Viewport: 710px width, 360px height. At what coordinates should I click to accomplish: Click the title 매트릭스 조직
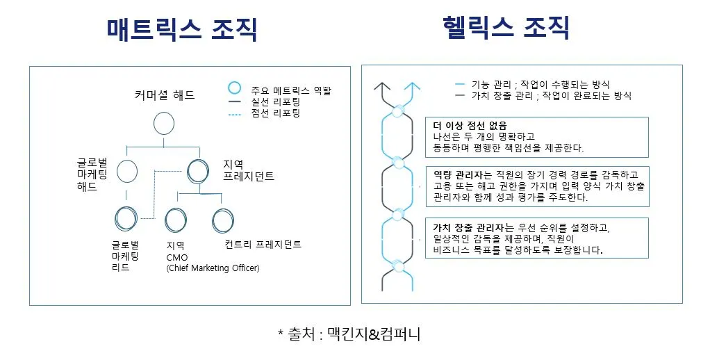click(182, 29)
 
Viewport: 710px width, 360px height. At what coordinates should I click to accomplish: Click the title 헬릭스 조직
click(506, 28)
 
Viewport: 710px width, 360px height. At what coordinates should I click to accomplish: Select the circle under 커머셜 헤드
click(163, 123)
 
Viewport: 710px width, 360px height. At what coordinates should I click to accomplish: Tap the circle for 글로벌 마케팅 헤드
click(127, 170)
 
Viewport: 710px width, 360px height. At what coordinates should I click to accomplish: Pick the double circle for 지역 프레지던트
click(198, 170)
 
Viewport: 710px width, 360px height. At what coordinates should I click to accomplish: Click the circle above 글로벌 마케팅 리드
click(126, 219)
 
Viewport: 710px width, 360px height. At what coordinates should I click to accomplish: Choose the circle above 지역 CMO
click(176, 220)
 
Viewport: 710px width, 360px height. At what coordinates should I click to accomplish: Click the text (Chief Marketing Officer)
click(213, 268)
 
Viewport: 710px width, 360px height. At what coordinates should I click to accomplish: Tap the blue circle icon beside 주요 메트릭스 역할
click(235, 88)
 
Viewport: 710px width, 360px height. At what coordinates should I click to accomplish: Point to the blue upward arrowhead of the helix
click(414, 87)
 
